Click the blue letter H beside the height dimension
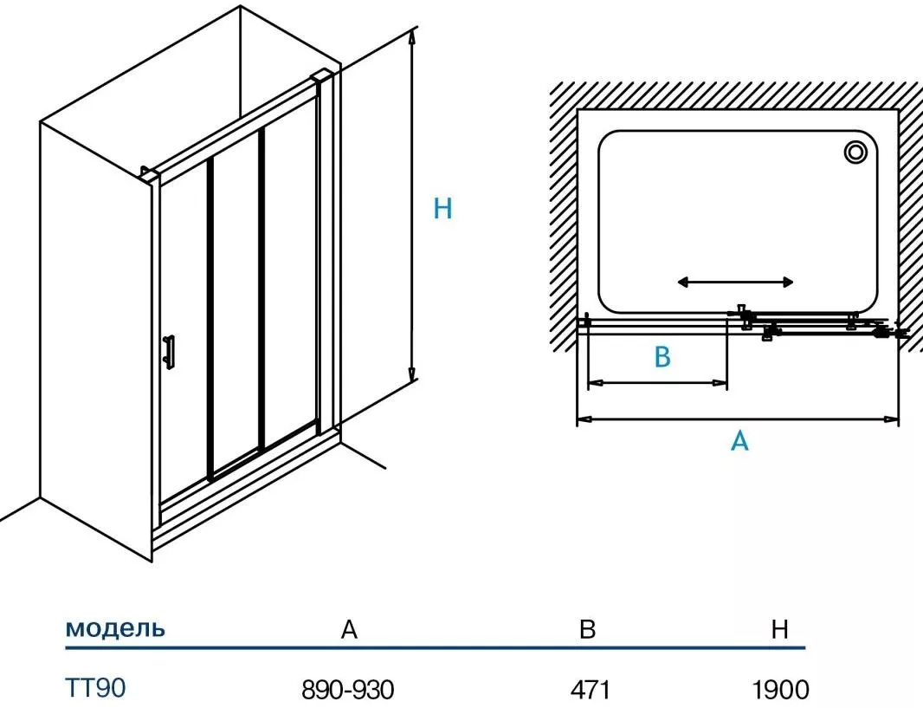[x=442, y=208]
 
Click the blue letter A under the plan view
[x=739, y=441]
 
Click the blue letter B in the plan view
[x=662, y=357]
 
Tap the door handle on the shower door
[x=170, y=350]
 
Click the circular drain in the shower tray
[x=856, y=153]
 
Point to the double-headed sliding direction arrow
[x=735, y=282]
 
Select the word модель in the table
[x=115, y=628]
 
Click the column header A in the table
[x=348, y=630]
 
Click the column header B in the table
[x=588, y=630]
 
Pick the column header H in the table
[x=780, y=630]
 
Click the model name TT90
[x=96, y=688]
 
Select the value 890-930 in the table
[x=347, y=690]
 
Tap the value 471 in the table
[x=591, y=690]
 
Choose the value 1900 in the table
[x=781, y=690]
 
